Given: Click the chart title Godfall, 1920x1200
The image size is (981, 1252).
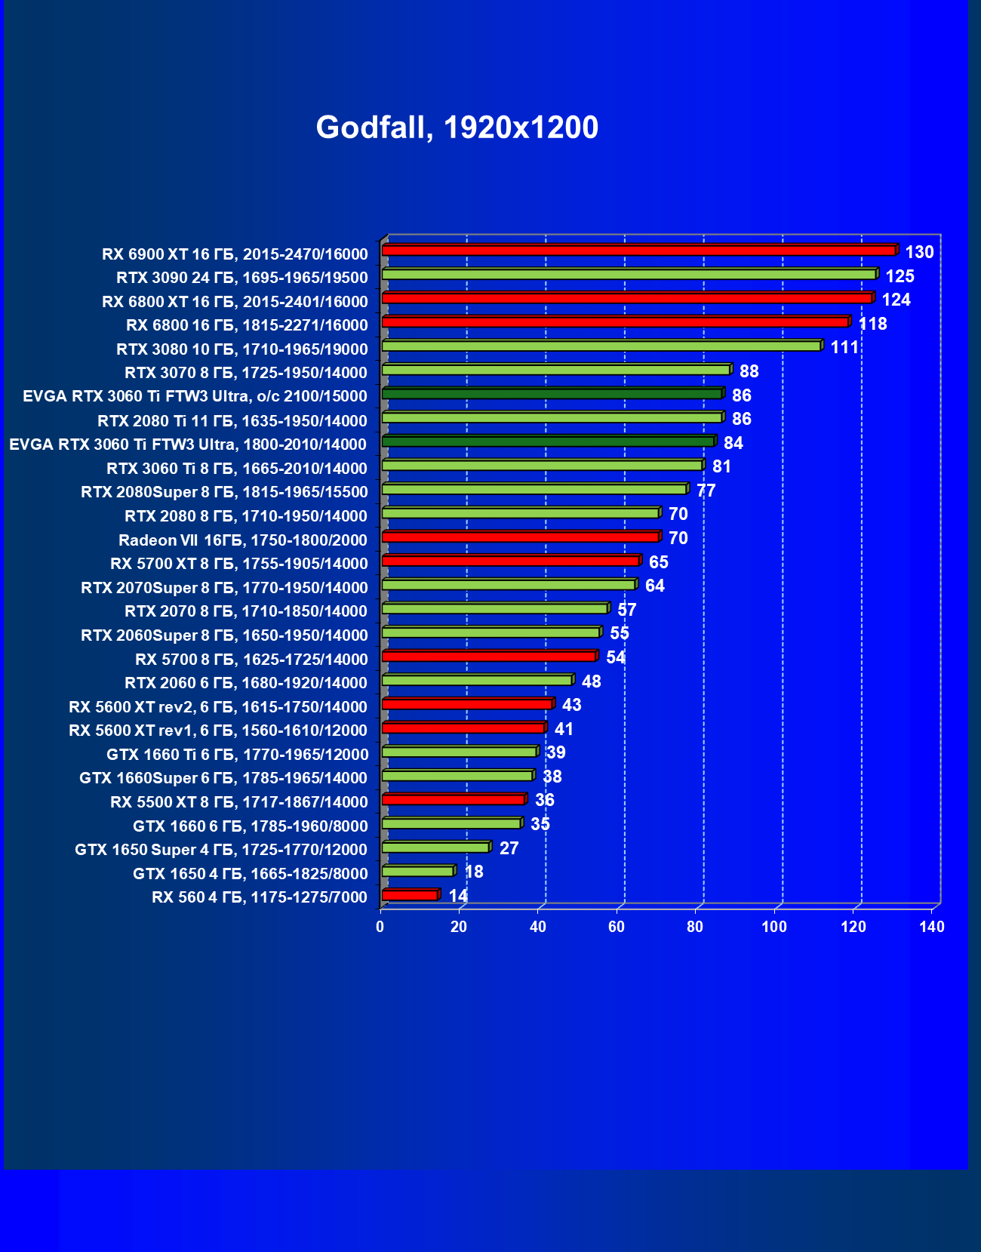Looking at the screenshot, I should click(x=457, y=128).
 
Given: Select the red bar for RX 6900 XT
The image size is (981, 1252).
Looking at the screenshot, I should click(x=638, y=250).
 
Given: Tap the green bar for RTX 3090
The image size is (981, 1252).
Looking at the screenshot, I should click(x=629, y=274).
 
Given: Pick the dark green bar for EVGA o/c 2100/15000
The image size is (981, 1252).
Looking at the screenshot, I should click(x=552, y=393).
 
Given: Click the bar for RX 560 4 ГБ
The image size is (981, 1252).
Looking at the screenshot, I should click(x=410, y=895).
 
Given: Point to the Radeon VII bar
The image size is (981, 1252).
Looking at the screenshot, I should click(x=520, y=537).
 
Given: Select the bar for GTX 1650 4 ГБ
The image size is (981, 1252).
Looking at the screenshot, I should click(x=417, y=871).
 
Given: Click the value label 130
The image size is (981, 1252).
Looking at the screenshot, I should click(x=919, y=252).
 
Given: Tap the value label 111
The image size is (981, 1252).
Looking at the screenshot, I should click(x=844, y=347).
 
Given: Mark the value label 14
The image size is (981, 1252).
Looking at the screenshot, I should click(x=458, y=896).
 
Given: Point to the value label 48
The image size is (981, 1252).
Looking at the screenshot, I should click(x=592, y=681).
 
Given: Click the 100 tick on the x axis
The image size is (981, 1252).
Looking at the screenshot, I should click(x=774, y=927).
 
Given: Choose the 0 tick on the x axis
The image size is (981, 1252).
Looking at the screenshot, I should click(x=380, y=927).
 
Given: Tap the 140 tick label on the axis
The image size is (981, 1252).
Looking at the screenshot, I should click(x=932, y=927).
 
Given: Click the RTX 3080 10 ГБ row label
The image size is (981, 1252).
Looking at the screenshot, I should click(x=242, y=349).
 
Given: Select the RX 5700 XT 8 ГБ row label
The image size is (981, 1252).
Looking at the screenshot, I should click(x=239, y=564).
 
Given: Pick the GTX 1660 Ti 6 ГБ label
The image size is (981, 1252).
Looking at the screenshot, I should click(x=238, y=755).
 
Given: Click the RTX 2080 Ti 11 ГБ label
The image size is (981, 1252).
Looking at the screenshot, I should click(x=232, y=421).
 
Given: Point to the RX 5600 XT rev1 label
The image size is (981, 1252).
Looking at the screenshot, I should click(x=218, y=731).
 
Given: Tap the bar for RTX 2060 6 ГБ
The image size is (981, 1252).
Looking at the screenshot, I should click(x=477, y=680).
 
